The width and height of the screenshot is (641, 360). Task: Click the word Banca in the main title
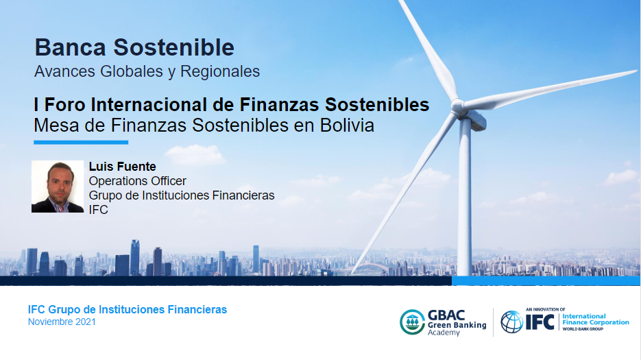pyautogui.click(x=71, y=47)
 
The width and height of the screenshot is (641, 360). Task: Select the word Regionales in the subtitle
pyautogui.click(x=220, y=71)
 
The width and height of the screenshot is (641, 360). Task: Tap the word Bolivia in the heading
pyautogui.click(x=347, y=125)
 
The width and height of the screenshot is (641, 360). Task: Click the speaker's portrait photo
pyautogui.click(x=58, y=187)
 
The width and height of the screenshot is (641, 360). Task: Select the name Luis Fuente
pyautogui.click(x=122, y=167)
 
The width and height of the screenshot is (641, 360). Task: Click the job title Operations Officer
pyautogui.click(x=137, y=181)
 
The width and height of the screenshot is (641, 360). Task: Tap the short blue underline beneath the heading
pyautogui.click(x=81, y=143)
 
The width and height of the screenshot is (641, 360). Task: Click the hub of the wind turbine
pyautogui.click(x=459, y=106)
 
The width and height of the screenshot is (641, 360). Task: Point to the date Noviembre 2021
pyautogui.click(x=62, y=322)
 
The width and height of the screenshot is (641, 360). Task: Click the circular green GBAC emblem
pyautogui.click(x=412, y=322)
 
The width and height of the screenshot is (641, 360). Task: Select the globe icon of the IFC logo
pyautogui.click(x=512, y=322)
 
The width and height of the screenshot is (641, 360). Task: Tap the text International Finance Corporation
pyautogui.click(x=596, y=319)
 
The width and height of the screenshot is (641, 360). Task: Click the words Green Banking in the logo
pyautogui.click(x=457, y=325)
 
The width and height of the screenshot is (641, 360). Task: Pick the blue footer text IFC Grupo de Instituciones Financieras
pyautogui.click(x=127, y=310)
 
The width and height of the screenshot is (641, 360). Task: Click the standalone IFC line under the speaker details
pyautogui.click(x=98, y=210)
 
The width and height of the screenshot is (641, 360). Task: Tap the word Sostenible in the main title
pyautogui.click(x=173, y=47)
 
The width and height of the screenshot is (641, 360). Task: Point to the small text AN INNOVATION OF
pyautogui.click(x=545, y=310)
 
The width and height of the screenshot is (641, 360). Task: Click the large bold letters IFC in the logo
pyautogui.click(x=540, y=322)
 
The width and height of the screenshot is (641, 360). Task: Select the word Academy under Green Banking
pyautogui.click(x=444, y=333)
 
